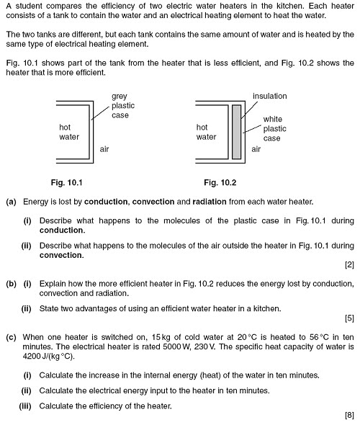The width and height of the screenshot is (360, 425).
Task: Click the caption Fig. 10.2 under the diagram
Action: (x=220, y=182)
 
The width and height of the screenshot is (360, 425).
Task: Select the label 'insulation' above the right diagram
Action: (x=270, y=96)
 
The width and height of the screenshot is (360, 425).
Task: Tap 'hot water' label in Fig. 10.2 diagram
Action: (x=207, y=131)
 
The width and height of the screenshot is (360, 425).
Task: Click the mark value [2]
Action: (x=349, y=264)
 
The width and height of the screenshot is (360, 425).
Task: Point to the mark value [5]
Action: (x=349, y=317)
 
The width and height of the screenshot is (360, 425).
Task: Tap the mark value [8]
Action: (x=349, y=416)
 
